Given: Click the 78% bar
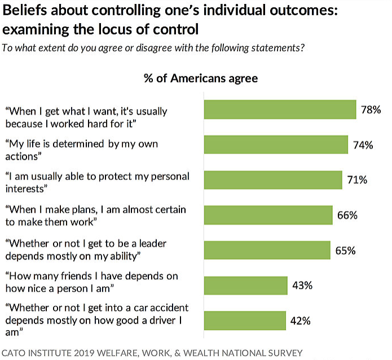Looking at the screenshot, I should (280, 109).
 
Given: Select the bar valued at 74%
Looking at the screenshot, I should (276, 144).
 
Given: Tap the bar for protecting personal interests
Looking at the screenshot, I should (273, 179).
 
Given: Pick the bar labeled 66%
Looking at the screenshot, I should (268, 215).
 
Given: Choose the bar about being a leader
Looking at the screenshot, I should (267, 250).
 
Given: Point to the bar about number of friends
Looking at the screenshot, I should (245, 286).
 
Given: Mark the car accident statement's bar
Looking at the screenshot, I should (244, 321).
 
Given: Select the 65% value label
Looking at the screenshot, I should (345, 251).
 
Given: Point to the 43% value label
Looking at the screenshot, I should (302, 286).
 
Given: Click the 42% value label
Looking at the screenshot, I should (301, 321).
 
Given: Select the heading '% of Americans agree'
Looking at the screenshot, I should (201, 78).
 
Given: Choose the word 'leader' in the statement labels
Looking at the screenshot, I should (150, 244).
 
